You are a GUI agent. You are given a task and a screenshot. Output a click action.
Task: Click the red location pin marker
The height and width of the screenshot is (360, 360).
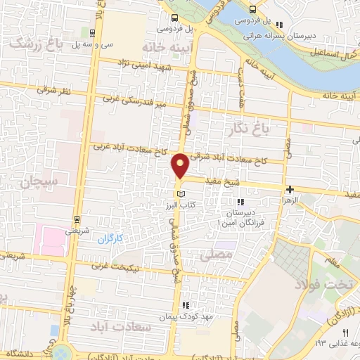[x=181, y=165]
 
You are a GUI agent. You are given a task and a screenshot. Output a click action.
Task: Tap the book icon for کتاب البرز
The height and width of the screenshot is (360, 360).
[x=181, y=193]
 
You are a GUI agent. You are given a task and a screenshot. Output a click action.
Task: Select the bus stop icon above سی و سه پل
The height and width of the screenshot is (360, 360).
[x=94, y=32]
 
